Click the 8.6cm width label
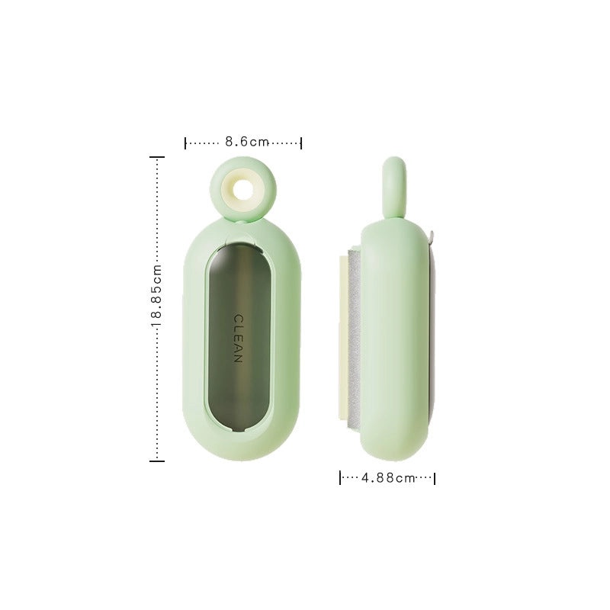(248, 142)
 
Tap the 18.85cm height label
(156, 297)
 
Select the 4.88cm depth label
(388, 478)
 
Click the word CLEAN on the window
(238, 339)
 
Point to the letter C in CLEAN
(238, 319)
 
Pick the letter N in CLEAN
(238, 358)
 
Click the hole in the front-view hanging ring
(243, 186)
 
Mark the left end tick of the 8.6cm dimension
(186, 143)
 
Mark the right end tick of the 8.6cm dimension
(301, 143)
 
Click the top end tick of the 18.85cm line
(156, 157)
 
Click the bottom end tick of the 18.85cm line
(156, 461)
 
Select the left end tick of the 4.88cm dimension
(340, 478)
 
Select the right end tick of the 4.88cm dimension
(435, 478)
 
